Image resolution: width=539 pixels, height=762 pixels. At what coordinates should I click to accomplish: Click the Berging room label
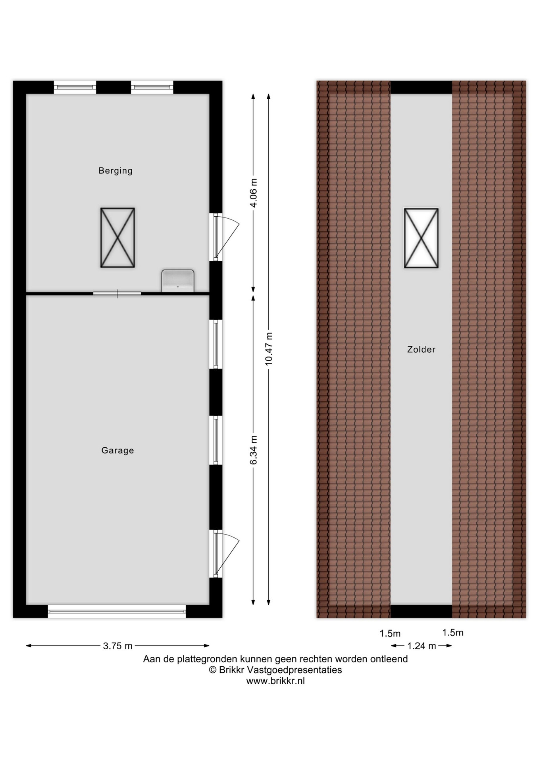click(x=115, y=171)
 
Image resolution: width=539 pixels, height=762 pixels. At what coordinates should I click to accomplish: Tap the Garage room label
click(x=117, y=450)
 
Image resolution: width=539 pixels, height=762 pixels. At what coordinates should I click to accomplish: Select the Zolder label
click(x=421, y=349)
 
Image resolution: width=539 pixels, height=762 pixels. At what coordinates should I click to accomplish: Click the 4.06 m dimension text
click(x=253, y=193)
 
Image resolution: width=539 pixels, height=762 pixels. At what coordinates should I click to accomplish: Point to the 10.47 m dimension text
click(x=269, y=349)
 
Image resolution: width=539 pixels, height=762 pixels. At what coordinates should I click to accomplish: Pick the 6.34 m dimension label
click(x=253, y=450)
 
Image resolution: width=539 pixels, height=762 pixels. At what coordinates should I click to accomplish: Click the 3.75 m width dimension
click(x=118, y=646)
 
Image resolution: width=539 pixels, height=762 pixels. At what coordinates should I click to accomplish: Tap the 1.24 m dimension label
click(x=422, y=646)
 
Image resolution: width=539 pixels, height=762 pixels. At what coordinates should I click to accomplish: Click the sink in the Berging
click(x=178, y=281)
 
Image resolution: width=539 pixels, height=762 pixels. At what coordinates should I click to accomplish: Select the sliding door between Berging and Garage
click(x=117, y=294)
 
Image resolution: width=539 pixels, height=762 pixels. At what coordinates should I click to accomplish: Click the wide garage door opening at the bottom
click(x=117, y=611)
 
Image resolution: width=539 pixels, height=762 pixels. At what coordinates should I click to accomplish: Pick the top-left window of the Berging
click(x=75, y=87)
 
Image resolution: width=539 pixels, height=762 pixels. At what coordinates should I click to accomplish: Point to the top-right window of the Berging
click(x=152, y=87)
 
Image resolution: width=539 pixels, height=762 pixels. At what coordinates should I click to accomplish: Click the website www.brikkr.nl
click(x=275, y=681)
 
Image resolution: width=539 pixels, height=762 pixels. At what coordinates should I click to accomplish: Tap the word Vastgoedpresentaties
click(x=294, y=670)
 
